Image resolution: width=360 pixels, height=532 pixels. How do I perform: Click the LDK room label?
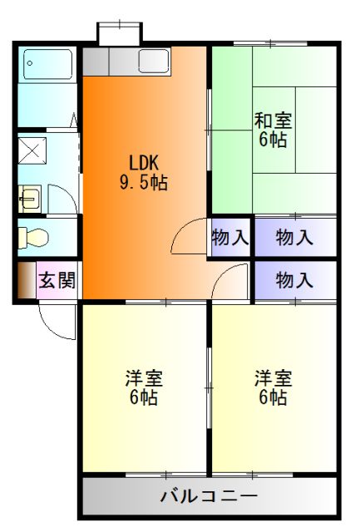(x=143, y=162)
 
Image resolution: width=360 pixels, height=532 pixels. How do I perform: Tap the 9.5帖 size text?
(x=143, y=182)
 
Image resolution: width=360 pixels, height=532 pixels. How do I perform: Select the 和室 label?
(x=273, y=121)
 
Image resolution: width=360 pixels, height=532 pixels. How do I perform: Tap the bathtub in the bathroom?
(x=47, y=62)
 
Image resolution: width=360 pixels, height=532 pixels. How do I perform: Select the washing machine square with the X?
(x=32, y=151)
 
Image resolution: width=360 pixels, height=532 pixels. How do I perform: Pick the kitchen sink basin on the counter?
(x=153, y=61)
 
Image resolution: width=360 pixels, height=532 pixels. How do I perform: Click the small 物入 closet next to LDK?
(x=229, y=238)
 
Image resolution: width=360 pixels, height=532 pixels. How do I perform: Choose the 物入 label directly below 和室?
(x=294, y=238)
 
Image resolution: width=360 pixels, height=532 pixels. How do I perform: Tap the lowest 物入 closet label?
(x=294, y=280)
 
